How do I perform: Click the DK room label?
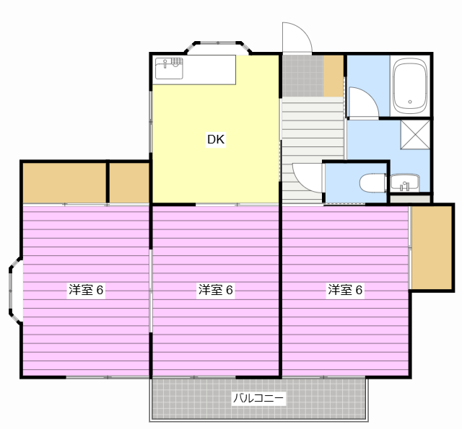tap(216, 140)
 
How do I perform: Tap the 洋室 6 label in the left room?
tap(86, 291)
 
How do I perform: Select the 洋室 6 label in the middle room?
tap(216, 291)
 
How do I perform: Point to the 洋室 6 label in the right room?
tap(345, 291)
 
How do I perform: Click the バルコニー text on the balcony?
tap(258, 397)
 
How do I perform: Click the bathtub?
tap(410, 86)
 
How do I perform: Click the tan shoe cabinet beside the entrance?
tap(334, 75)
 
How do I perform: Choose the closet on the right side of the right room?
tap(431, 247)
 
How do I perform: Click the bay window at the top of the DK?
tap(219, 46)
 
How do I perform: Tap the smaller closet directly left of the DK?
tap(129, 183)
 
